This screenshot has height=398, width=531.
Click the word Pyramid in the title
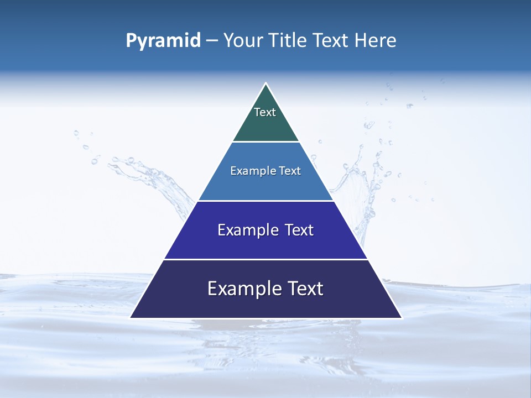(x=163, y=41)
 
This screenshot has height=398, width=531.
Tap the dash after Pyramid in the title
(x=212, y=41)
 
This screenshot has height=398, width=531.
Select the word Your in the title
(x=241, y=41)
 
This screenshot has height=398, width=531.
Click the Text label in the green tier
(x=265, y=112)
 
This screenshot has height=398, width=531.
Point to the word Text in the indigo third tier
(x=299, y=230)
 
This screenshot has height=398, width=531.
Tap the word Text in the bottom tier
(x=305, y=289)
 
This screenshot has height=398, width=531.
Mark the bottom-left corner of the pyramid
(x=131, y=317)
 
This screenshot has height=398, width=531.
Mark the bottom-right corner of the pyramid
(x=401, y=317)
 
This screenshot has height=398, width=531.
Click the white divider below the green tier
(x=265, y=142)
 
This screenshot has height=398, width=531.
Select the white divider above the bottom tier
(x=265, y=259)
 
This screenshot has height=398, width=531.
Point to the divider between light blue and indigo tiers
(x=265, y=201)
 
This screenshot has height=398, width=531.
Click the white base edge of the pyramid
(x=265, y=318)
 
